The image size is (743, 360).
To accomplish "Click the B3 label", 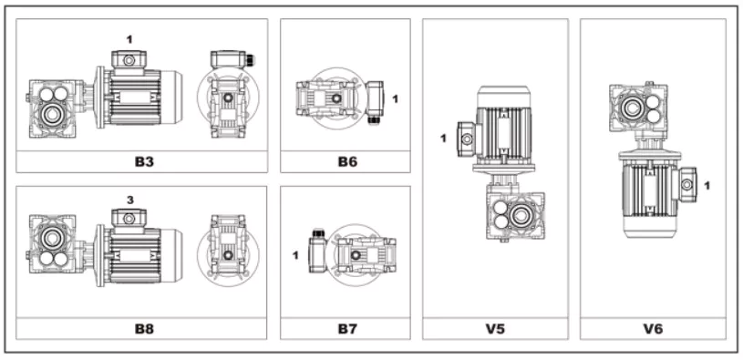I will click(x=141, y=161).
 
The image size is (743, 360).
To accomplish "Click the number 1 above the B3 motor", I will click(x=129, y=39).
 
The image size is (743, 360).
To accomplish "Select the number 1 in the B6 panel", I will click(x=395, y=97).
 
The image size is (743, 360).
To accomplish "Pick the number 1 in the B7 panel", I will click(x=295, y=254).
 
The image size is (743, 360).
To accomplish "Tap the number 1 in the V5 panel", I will click(x=443, y=139).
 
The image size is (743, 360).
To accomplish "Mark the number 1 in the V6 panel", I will click(x=707, y=185).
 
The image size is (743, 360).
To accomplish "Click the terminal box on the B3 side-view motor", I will click(x=129, y=60).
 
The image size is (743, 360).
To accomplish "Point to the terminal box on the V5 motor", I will click(x=465, y=139).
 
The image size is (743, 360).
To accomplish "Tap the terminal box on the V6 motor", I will click(x=686, y=183).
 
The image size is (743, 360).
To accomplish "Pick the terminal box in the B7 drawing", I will click(x=317, y=251).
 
